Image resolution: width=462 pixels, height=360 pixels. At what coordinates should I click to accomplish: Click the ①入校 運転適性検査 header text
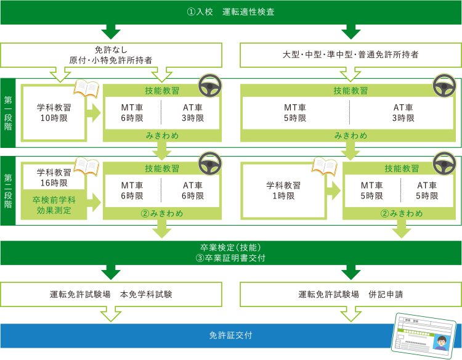click(x=231, y=12)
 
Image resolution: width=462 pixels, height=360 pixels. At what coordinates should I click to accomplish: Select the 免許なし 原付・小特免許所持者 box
click(x=111, y=55)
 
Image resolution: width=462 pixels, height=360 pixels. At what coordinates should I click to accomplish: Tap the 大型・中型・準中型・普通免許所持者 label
click(x=351, y=54)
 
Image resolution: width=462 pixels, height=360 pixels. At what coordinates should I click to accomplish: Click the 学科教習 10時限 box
click(x=54, y=113)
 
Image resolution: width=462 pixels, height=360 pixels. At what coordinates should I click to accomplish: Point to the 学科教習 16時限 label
click(x=54, y=178)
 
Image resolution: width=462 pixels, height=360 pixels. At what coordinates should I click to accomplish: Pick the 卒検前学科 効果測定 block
click(x=54, y=205)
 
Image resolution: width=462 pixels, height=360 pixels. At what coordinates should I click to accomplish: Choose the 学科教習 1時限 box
click(x=283, y=190)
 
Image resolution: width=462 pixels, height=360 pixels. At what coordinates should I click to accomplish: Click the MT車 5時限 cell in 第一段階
click(x=295, y=113)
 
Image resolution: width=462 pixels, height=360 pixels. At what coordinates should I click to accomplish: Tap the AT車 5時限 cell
click(x=427, y=190)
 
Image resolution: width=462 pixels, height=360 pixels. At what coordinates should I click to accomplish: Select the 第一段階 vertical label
click(x=8, y=113)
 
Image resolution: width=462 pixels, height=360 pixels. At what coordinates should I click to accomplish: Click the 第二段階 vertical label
click(x=8, y=190)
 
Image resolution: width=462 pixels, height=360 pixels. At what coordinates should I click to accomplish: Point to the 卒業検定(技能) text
click(x=230, y=247)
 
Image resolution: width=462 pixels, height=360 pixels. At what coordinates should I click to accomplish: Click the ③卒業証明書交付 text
click(x=230, y=258)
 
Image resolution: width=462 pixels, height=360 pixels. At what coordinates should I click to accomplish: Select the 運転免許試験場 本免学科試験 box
click(x=111, y=294)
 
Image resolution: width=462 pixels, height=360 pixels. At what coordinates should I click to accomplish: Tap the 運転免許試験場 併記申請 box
click(x=351, y=294)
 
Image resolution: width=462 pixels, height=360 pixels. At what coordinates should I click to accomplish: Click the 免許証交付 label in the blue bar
click(x=231, y=335)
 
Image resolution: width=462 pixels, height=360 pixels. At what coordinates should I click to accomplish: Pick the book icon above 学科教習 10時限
click(x=86, y=88)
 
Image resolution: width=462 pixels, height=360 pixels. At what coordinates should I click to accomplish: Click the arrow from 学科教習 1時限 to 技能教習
click(x=333, y=190)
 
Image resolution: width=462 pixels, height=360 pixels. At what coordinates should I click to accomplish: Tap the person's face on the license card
click(x=441, y=342)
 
